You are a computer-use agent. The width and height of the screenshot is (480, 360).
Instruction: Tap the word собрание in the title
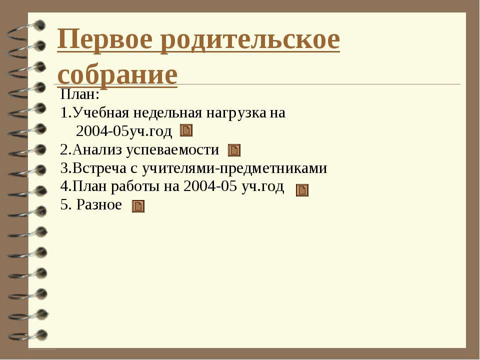coord(117,75)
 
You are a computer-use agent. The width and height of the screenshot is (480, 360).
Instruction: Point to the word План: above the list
coord(80,94)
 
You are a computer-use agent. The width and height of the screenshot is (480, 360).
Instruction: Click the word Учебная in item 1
coord(101,112)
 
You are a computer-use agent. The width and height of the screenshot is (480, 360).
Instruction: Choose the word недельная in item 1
coord(167,113)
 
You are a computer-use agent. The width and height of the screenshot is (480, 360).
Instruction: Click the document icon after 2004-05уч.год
coord(186,130)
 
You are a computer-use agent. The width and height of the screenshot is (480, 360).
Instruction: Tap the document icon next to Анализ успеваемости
coord(234,150)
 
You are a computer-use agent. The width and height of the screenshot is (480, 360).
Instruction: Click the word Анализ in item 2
coord(97,149)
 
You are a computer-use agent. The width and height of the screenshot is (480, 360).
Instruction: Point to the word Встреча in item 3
coord(99,168)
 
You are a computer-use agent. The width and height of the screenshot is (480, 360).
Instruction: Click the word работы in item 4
coord(135,186)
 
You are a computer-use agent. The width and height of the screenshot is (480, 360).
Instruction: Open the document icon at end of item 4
coord(302,190)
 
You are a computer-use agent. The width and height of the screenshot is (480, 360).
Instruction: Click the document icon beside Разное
coord(138,206)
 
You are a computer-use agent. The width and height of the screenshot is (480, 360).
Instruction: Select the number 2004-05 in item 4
coord(210,186)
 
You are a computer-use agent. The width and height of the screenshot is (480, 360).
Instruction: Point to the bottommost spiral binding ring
coord(28,335)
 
